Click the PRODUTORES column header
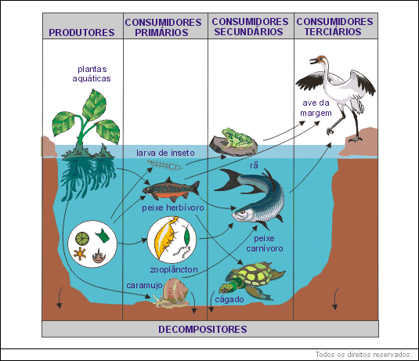pos(81,33)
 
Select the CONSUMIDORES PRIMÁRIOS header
pos(163,27)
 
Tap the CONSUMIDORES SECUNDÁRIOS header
pos(250,27)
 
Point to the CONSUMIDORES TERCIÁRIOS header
pos(334,27)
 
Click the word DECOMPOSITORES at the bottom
pos(203,329)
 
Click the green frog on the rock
pos(236,138)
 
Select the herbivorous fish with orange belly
pos(171,189)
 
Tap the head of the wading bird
pos(320,60)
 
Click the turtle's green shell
pos(253,274)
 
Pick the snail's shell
pos(175,291)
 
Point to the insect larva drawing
pos(165,165)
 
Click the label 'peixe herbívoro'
pos(173,208)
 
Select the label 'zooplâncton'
pos(174,269)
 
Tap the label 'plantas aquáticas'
pos(92,74)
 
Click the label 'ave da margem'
pos(316,108)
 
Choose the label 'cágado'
pos(229,300)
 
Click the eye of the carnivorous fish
pos(243,212)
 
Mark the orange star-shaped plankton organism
pos(80,254)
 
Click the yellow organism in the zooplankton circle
pos(164,237)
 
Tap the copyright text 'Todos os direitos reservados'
pos(363,355)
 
